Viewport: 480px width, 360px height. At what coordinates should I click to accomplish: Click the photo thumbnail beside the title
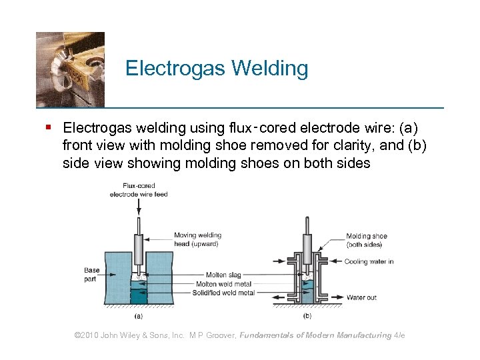(x=70, y=69)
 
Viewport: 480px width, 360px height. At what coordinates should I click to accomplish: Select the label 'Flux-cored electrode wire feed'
(x=139, y=190)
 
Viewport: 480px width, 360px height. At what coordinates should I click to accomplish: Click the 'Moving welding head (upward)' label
(x=197, y=239)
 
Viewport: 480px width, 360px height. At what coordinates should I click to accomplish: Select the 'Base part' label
(x=91, y=275)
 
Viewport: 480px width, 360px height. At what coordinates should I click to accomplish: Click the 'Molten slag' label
(x=224, y=275)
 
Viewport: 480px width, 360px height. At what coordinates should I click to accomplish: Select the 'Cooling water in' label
(x=369, y=261)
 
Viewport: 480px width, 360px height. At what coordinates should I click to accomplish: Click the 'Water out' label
(x=361, y=297)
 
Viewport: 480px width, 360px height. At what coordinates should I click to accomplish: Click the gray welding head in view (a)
(x=139, y=250)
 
